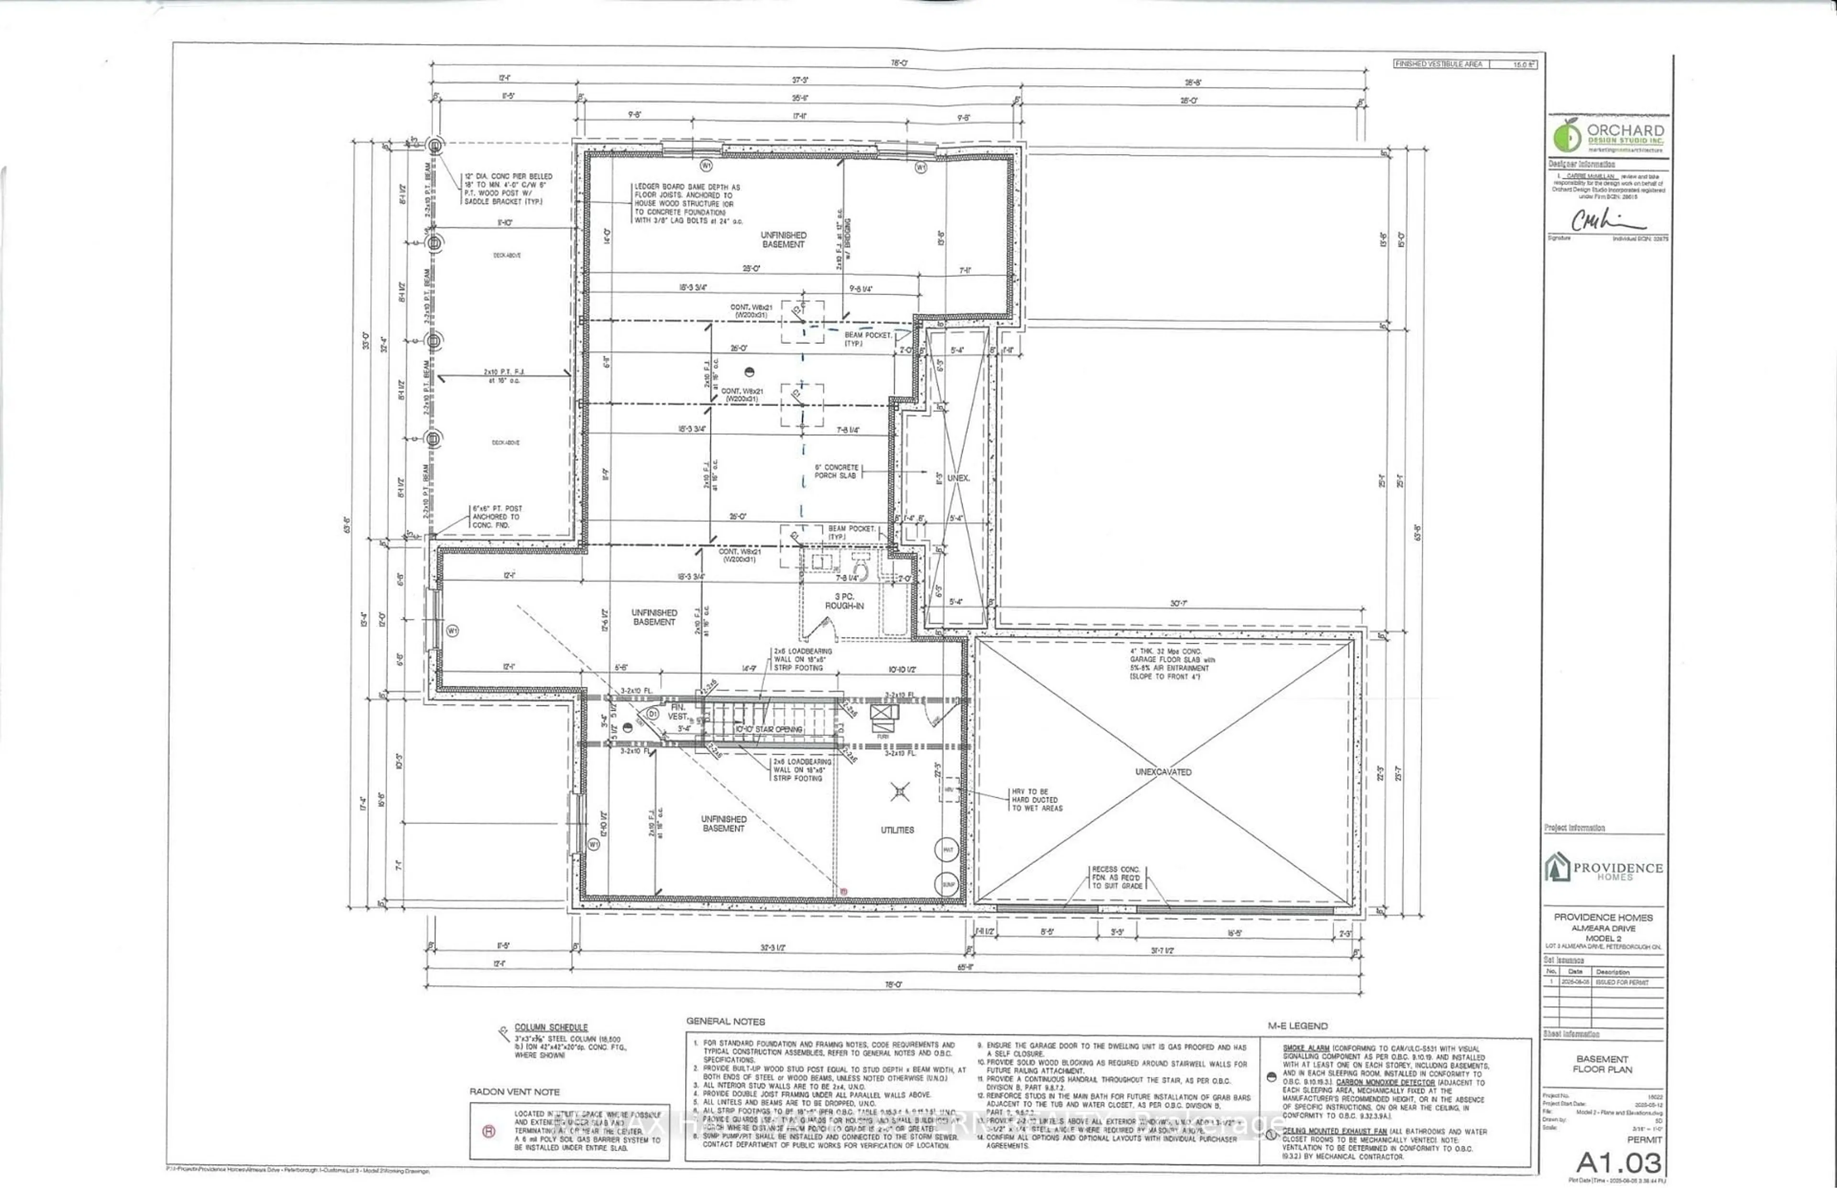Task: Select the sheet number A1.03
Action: click(x=1618, y=1162)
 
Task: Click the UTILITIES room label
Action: click(x=897, y=830)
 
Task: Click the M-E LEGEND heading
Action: click(x=1298, y=1026)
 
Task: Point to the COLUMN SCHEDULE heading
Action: click(x=551, y=1027)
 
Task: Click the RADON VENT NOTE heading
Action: click(x=515, y=1091)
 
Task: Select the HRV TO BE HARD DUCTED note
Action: click(x=1037, y=800)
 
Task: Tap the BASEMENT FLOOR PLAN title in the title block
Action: click(x=1603, y=1064)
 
